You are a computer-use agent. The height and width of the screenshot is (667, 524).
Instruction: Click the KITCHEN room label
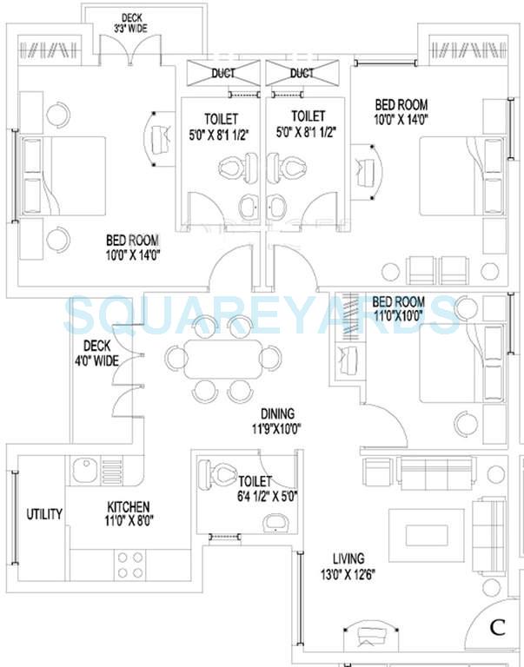(129, 506)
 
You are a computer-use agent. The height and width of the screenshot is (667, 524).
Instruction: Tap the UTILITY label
(43, 513)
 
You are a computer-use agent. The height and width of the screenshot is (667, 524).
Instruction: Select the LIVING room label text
(348, 558)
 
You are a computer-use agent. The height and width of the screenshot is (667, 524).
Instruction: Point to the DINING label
(278, 413)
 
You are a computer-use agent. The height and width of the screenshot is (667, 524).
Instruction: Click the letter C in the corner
(497, 626)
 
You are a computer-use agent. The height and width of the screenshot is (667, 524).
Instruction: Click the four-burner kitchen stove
(130, 565)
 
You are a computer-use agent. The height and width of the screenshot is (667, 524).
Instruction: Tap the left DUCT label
(222, 74)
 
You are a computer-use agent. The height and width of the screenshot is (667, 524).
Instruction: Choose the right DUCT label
(302, 74)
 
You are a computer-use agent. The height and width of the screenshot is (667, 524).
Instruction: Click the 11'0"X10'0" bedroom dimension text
(397, 316)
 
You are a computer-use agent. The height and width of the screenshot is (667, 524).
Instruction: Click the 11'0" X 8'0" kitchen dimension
(129, 521)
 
